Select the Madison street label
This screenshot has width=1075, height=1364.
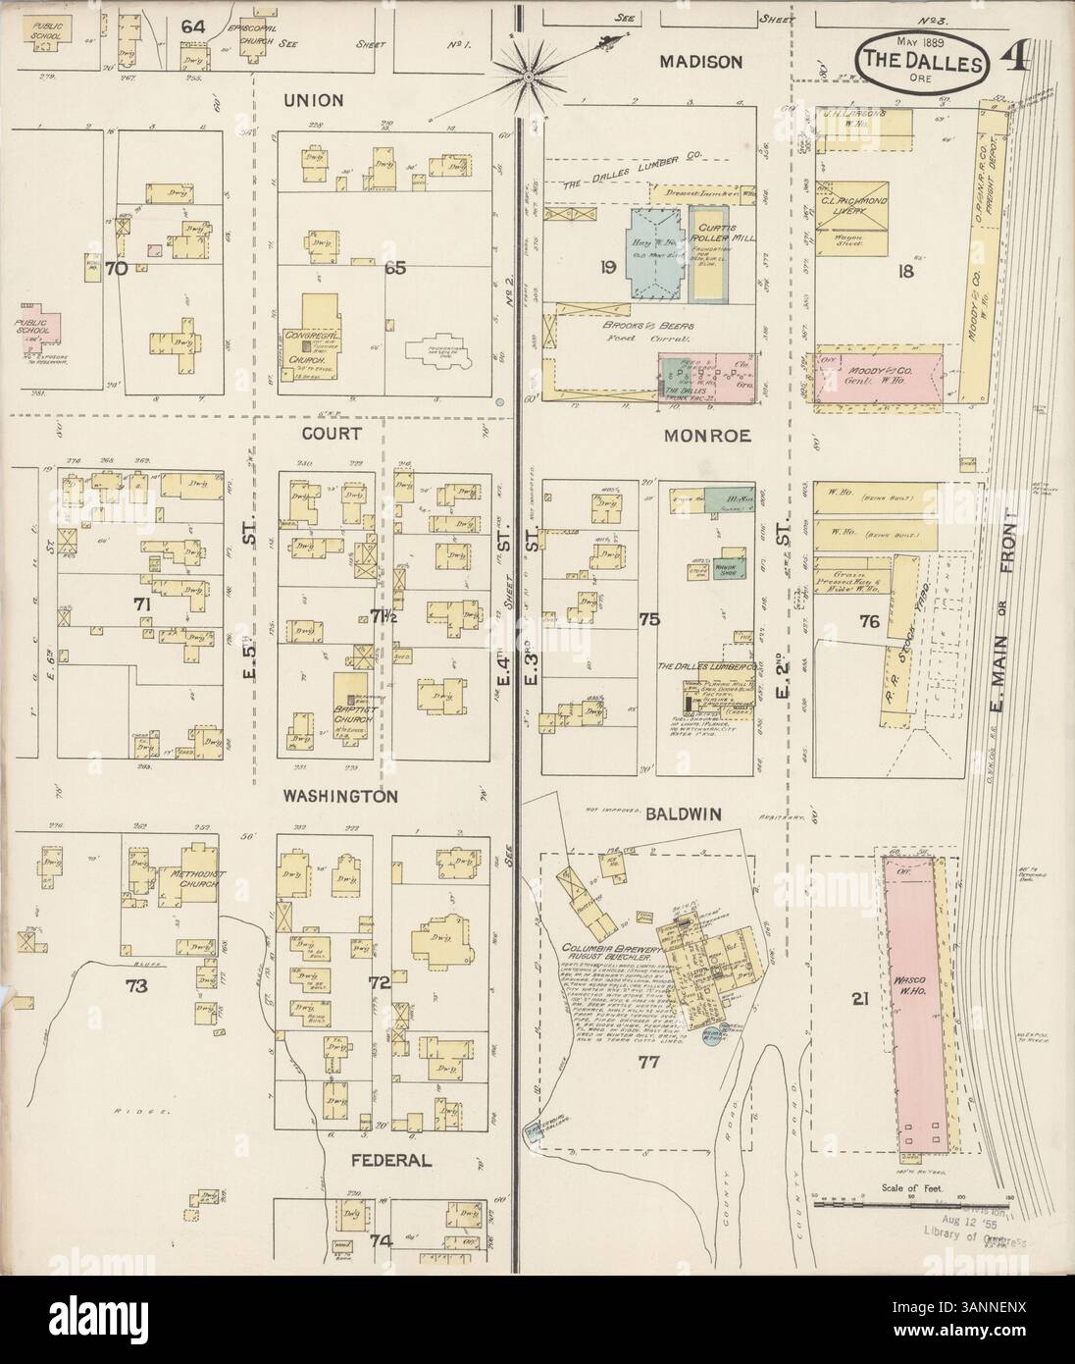point(699,62)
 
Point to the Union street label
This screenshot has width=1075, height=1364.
point(313,100)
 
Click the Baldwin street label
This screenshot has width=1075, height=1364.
point(684,813)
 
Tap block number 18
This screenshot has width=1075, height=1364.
point(903,272)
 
